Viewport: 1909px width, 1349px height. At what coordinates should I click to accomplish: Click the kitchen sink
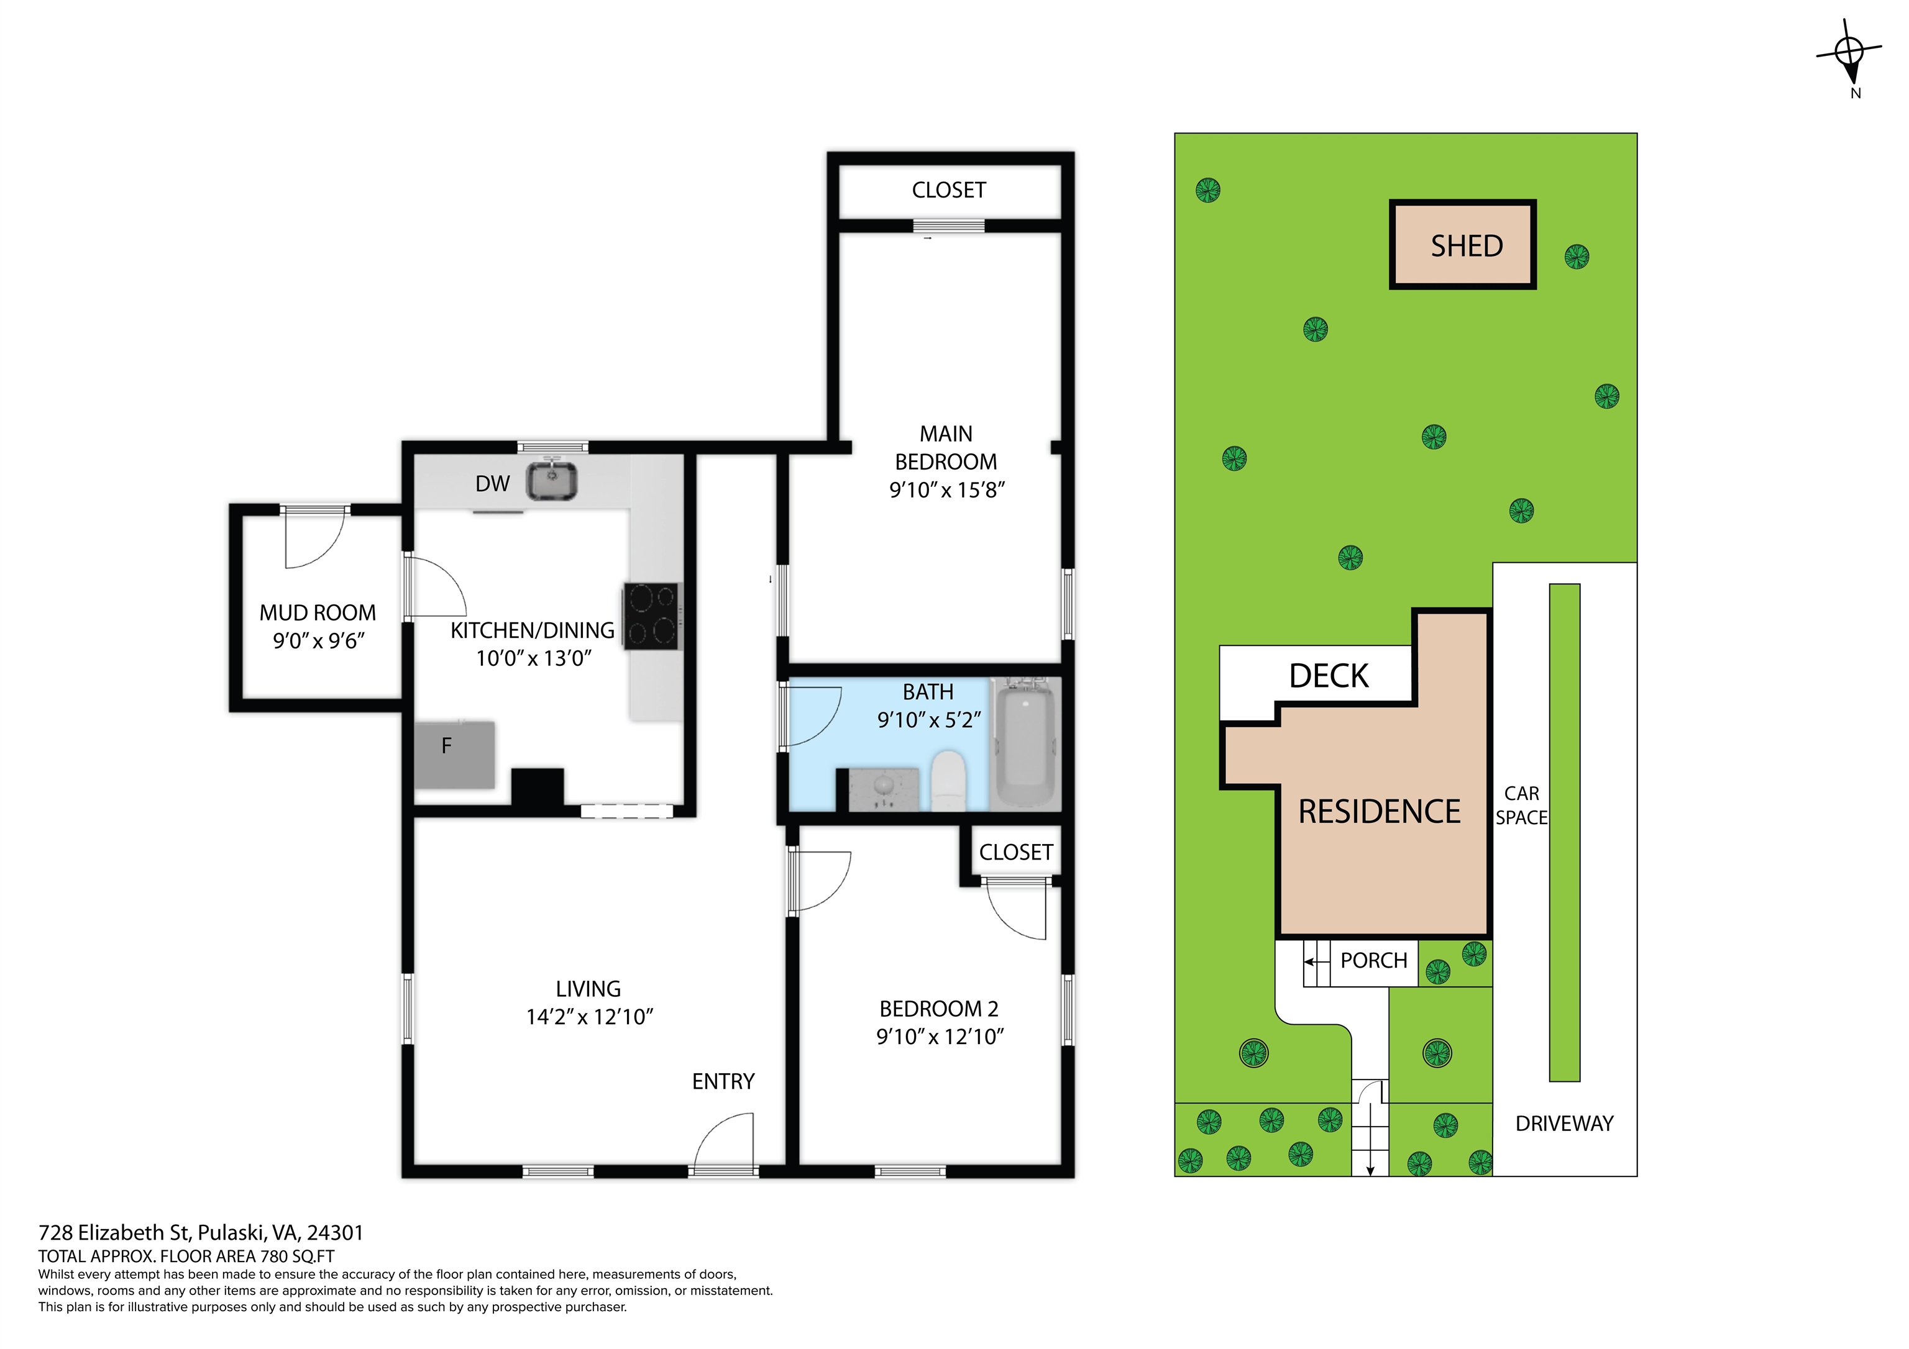[x=551, y=481]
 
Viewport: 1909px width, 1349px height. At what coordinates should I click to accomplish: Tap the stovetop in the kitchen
[x=651, y=616]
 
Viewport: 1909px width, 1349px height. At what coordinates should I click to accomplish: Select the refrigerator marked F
[x=455, y=755]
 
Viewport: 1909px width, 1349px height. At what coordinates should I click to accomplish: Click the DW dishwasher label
[x=492, y=484]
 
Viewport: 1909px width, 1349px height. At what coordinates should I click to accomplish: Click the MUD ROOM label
[x=318, y=612]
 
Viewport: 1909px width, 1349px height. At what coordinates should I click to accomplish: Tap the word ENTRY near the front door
[x=723, y=1081]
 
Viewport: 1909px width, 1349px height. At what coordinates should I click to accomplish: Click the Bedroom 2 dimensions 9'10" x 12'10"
[x=940, y=1037]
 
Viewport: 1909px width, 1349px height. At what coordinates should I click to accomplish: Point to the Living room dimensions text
[x=590, y=1017]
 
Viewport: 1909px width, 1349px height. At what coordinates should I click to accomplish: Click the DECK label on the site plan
[x=1329, y=676]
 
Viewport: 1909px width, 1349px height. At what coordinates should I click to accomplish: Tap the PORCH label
[x=1373, y=960]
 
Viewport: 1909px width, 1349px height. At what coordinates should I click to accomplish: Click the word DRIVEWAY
[x=1564, y=1124]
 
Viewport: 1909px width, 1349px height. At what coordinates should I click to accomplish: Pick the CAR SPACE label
[x=1522, y=806]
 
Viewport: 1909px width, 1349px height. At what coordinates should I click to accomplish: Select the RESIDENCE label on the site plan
[x=1380, y=811]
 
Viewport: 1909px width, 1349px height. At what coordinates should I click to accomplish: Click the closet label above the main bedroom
[x=949, y=190]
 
